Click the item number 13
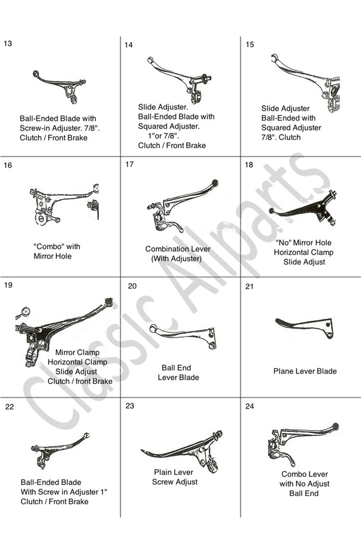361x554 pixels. (x=7, y=44)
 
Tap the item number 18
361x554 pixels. (x=249, y=165)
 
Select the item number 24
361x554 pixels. (x=250, y=406)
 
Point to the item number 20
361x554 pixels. (x=132, y=286)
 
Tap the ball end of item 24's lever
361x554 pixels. (x=335, y=426)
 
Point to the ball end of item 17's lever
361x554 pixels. (x=214, y=183)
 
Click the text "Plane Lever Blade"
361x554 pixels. (x=305, y=371)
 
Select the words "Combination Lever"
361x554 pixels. (x=178, y=249)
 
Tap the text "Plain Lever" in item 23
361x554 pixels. (x=174, y=472)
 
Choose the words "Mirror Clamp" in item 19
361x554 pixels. (x=77, y=352)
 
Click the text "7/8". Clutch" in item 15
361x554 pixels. (x=281, y=137)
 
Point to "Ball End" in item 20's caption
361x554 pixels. (x=176, y=367)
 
